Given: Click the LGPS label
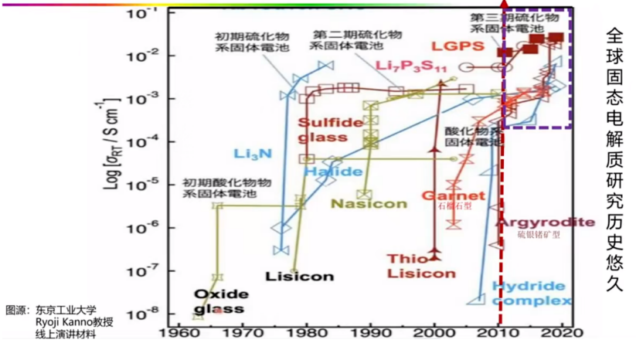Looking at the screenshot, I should pos(458,46).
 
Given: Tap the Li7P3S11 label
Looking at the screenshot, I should pos(412,66).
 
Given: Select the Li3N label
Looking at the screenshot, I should pos(253,153).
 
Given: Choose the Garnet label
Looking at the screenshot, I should pos(453,195).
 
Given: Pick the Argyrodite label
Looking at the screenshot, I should pos(545,222).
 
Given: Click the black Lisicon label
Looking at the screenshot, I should pos(299,277).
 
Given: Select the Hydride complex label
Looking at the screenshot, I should pos(532,293).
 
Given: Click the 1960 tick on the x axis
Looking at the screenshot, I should pos(179,335).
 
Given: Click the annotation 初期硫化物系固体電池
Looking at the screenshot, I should pos(244,42).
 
